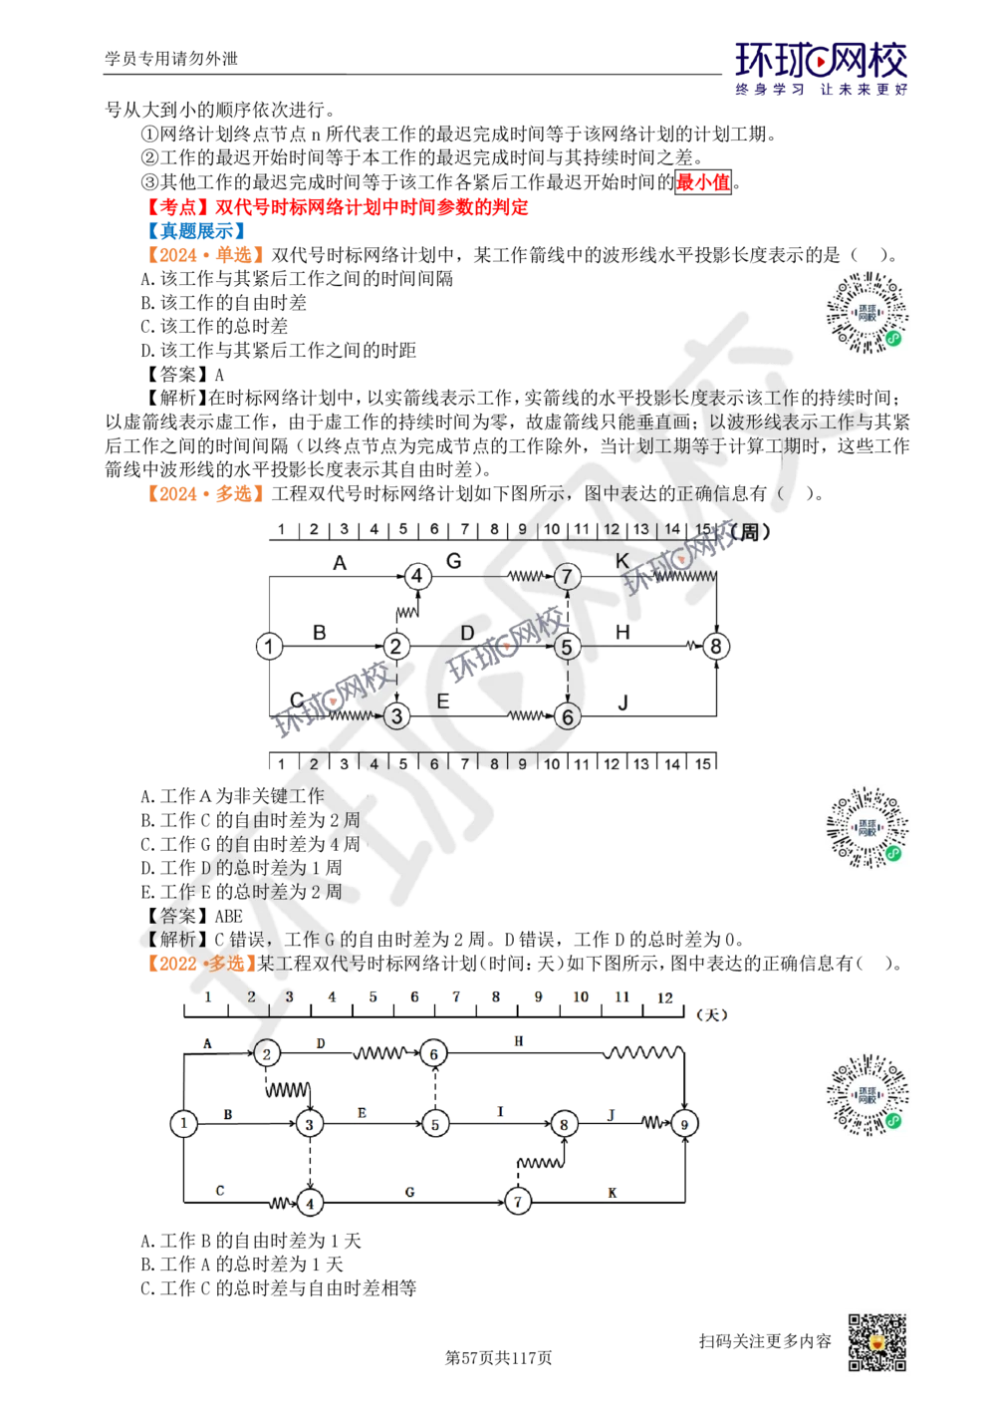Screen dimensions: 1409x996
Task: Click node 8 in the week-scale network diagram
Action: click(716, 647)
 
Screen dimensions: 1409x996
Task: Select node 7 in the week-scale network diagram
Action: click(567, 575)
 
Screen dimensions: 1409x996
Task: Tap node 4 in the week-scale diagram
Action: click(417, 575)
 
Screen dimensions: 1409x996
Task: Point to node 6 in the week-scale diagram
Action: click(567, 714)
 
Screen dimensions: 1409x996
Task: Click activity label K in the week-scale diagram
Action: click(622, 559)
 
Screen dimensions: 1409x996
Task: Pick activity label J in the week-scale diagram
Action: click(622, 704)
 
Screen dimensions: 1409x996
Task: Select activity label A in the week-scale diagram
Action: click(340, 563)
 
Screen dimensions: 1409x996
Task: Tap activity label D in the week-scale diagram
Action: click(467, 633)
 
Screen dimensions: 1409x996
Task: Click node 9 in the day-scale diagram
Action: click(684, 1123)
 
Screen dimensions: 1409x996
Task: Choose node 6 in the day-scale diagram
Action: click(433, 1051)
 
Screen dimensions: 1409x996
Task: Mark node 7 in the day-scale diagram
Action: click(517, 1202)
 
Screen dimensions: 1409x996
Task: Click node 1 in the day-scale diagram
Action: click(183, 1123)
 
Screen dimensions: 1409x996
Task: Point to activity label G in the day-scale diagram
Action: click(410, 1192)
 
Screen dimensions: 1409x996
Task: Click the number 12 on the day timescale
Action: click(664, 997)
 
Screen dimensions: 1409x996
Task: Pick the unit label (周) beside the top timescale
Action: click(749, 532)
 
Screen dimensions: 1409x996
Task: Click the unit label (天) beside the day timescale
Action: click(712, 1013)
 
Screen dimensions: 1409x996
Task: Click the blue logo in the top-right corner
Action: click(822, 68)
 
